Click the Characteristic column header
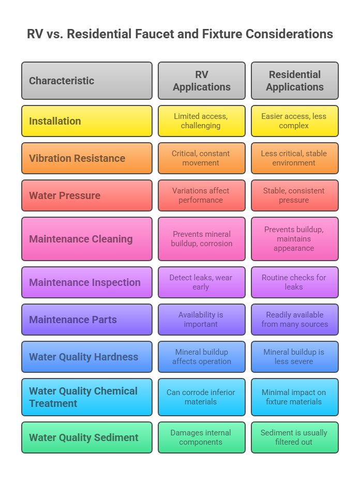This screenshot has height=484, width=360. tap(87, 81)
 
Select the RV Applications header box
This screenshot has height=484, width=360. tap(202, 81)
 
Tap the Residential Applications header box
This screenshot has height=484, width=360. tap(295, 81)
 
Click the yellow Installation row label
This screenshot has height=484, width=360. tap(87, 121)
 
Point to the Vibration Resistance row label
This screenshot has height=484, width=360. tap(87, 158)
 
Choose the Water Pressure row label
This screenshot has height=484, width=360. tap(87, 195)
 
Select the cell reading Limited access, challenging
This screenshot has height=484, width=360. tap(202, 121)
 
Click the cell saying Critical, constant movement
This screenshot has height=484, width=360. tap(202, 158)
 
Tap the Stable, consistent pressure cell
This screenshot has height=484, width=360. tap(295, 195)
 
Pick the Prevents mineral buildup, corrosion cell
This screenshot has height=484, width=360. tap(202, 239)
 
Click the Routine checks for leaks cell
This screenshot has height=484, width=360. tap(295, 282)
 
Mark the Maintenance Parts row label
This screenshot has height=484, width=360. tap(87, 320)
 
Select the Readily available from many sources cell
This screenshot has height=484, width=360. tap(295, 320)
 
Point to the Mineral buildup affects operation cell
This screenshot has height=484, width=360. tap(202, 357)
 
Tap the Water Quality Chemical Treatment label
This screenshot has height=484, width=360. tap(87, 397)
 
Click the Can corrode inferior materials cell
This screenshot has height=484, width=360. tap(202, 397)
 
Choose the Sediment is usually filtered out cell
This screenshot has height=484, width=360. tap(295, 437)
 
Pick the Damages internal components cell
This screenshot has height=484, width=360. tap(202, 437)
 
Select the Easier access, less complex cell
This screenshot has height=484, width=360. tap(295, 121)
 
